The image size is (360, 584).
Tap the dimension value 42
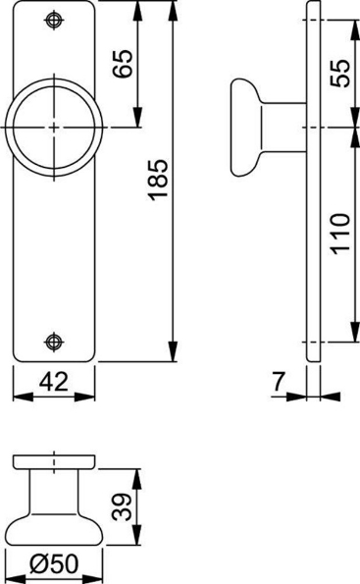[54, 384]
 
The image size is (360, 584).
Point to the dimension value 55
[336, 73]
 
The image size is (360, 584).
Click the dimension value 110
[336, 234]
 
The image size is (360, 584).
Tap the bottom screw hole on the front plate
[55, 342]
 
